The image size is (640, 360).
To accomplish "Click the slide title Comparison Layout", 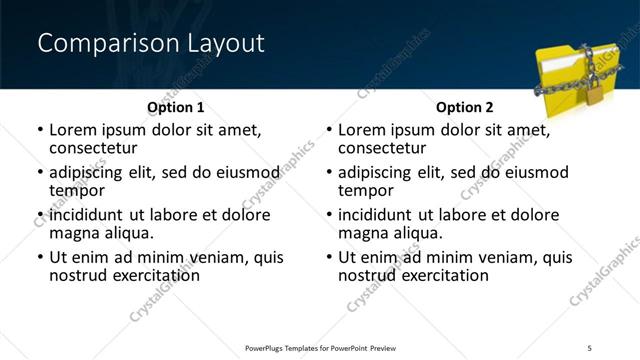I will tap(151, 43).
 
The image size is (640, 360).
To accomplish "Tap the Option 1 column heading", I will tap(175, 107).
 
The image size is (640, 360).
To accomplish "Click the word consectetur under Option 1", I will tap(92, 147).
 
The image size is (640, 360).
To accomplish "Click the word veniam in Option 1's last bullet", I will tap(213, 257).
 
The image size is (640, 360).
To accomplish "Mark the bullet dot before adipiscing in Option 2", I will tap(329, 173).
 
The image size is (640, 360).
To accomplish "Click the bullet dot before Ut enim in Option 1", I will tap(40, 258).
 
